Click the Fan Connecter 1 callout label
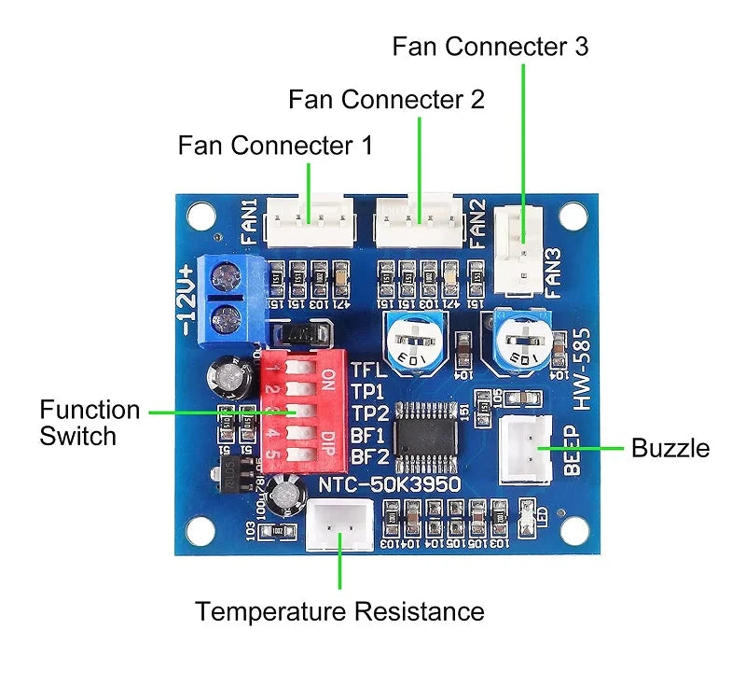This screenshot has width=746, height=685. (x=275, y=146)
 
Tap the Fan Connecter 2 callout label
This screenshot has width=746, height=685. (x=386, y=100)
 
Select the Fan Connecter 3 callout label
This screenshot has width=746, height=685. (x=490, y=47)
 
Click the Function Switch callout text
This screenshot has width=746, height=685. (x=90, y=423)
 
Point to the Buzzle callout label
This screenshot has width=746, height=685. (x=670, y=448)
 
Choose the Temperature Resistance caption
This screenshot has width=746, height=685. (x=339, y=612)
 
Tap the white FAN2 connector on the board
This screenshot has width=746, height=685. (x=419, y=220)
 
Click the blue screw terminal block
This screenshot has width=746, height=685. (x=224, y=293)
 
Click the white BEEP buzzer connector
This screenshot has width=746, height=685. (x=529, y=450)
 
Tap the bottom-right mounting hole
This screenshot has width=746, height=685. (x=571, y=533)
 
